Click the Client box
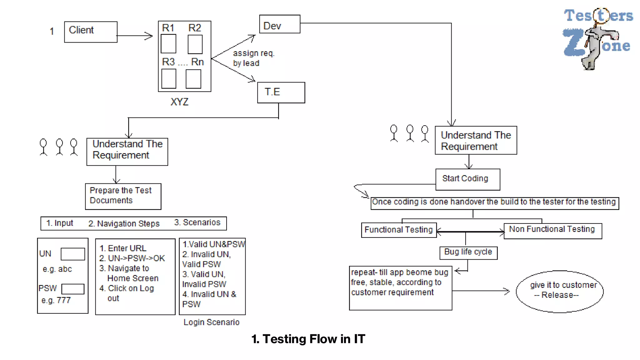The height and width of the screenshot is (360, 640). [x=91, y=32]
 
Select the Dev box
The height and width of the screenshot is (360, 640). [x=280, y=24]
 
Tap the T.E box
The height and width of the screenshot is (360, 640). [x=281, y=92]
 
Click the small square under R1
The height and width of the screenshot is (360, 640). [x=168, y=44]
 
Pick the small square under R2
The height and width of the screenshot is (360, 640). [x=195, y=44]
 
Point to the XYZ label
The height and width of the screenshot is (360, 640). [x=179, y=102]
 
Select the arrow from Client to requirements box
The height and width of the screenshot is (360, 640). [x=134, y=36]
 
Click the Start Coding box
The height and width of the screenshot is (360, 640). [x=467, y=179]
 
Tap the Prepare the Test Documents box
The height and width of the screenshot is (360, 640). [x=123, y=196]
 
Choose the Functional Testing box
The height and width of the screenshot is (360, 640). [x=398, y=230]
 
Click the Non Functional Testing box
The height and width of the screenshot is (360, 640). [x=552, y=231]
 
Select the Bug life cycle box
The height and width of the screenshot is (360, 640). [x=468, y=252]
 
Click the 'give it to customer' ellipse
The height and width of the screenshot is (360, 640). [x=559, y=291]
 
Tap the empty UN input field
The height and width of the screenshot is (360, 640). [x=72, y=254]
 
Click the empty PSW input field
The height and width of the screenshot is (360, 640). [x=73, y=289]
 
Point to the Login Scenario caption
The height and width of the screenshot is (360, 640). [x=211, y=322]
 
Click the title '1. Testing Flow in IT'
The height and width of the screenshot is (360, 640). [x=308, y=339]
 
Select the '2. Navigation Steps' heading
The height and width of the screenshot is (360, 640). [x=124, y=224]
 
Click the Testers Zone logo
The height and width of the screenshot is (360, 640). [x=597, y=37]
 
